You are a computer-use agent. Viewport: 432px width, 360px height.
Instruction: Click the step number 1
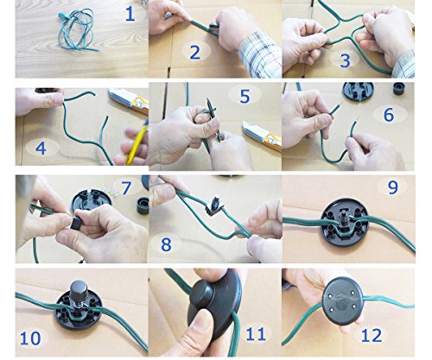(x=130, y=15)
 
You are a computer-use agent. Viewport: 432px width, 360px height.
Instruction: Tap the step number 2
(x=195, y=53)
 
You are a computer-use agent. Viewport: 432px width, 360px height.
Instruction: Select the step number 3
(x=346, y=60)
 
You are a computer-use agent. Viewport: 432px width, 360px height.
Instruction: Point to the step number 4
(x=41, y=148)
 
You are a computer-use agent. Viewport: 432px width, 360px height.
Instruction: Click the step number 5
(x=245, y=97)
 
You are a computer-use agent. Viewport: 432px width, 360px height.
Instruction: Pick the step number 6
(x=389, y=115)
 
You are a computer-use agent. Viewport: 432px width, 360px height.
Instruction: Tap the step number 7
(x=126, y=187)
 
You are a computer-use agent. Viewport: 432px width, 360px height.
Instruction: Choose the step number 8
(x=166, y=244)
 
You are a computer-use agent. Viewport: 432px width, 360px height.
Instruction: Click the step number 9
(x=393, y=187)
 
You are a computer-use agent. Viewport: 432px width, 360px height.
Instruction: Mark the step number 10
(x=30, y=338)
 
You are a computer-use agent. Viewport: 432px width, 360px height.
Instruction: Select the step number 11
(x=256, y=334)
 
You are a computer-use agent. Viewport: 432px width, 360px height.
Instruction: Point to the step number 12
(x=372, y=336)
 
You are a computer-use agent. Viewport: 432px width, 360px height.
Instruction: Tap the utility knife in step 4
(x=129, y=101)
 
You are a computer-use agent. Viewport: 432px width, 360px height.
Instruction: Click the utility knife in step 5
(x=262, y=136)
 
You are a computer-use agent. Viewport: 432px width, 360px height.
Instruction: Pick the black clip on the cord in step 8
(x=213, y=206)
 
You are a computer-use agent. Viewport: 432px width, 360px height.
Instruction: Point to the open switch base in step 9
(x=345, y=222)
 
